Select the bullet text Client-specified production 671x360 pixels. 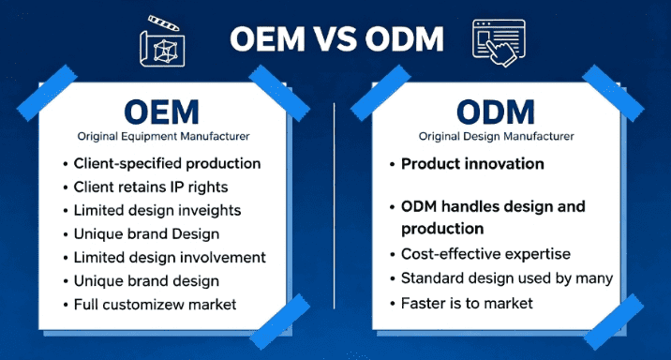[x=167, y=163]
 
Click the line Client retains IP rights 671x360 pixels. [x=150, y=187]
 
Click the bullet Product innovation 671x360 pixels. [x=472, y=163]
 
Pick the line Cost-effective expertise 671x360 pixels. [x=485, y=253]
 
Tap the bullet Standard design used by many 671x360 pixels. [x=507, y=277]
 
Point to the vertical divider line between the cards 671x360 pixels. [x=335, y=206]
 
